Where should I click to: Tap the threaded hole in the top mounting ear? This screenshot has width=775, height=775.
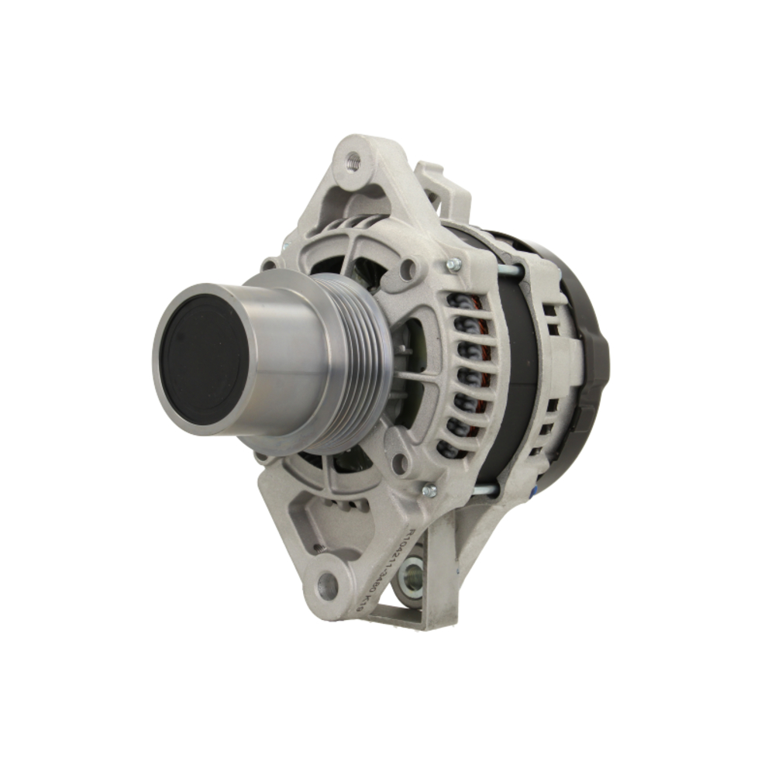pos(353,161)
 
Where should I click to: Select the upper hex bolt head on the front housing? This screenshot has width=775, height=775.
pos(454,265)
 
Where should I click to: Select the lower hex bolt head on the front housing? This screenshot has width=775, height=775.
pos(429,490)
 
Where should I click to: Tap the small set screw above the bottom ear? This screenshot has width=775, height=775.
pos(318,548)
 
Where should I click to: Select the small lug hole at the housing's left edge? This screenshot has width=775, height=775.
pos(268,264)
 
